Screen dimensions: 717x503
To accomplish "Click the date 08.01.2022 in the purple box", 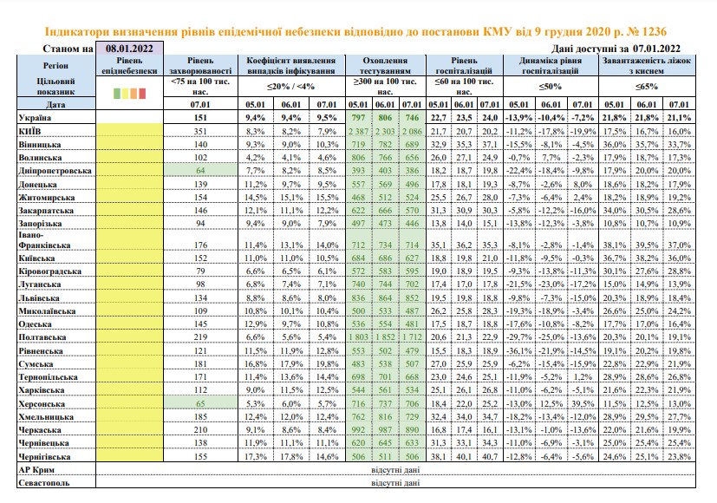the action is click(x=129, y=48).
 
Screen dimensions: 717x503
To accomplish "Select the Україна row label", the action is click(x=35, y=118).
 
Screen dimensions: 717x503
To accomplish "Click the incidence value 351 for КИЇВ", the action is click(x=200, y=131).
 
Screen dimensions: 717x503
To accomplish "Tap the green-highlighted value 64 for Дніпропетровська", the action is click(x=200, y=171).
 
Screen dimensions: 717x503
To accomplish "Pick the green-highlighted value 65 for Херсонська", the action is click(x=200, y=404).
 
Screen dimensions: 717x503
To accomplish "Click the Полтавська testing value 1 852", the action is click(x=385, y=337).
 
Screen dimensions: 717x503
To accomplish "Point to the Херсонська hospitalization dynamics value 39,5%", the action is click(x=583, y=404).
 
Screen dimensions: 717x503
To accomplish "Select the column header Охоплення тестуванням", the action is click(x=385, y=65).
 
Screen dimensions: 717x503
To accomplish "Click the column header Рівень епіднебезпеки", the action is click(x=129, y=65).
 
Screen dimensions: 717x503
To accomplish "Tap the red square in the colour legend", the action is click(x=142, y=94).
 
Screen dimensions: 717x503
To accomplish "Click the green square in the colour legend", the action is click(x=116, y=94).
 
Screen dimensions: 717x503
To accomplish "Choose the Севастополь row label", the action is click(x=44, y=483).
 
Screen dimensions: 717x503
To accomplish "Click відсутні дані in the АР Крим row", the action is click(x=395, y=470).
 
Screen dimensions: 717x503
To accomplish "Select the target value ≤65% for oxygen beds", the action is click(x=647, y=86).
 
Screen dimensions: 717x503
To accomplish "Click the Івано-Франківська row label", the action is click(x=44, y=239).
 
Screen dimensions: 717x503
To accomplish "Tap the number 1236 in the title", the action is click(x=655, y=31).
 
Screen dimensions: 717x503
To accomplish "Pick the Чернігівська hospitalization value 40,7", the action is click(x=489, y=456).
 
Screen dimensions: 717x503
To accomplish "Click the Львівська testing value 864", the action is click(x=385, y=297).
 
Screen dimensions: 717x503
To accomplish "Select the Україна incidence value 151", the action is click(x=200, y=118).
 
